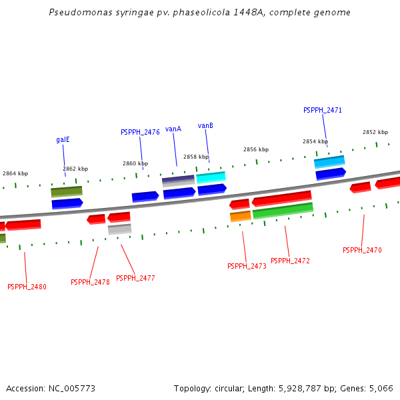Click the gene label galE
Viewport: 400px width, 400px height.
63,140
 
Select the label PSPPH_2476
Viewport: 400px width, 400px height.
140,132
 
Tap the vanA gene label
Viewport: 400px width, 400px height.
173,129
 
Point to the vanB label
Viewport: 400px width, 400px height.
205,125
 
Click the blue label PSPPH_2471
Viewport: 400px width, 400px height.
323,110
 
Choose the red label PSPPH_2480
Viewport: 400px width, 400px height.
27,287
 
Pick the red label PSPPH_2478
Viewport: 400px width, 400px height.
90,282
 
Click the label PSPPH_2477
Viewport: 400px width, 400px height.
135,278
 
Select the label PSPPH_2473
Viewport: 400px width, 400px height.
247,266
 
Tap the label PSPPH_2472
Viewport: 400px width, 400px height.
290,261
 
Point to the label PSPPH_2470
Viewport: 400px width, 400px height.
362,250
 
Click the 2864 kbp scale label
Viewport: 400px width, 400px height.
15,173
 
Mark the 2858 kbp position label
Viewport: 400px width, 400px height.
196,157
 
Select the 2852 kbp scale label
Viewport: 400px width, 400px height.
375,132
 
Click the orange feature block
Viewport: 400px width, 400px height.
241,216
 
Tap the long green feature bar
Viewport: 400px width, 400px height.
283,211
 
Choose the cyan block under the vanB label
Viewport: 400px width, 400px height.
211,177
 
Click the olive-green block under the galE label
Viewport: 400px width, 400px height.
67,192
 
